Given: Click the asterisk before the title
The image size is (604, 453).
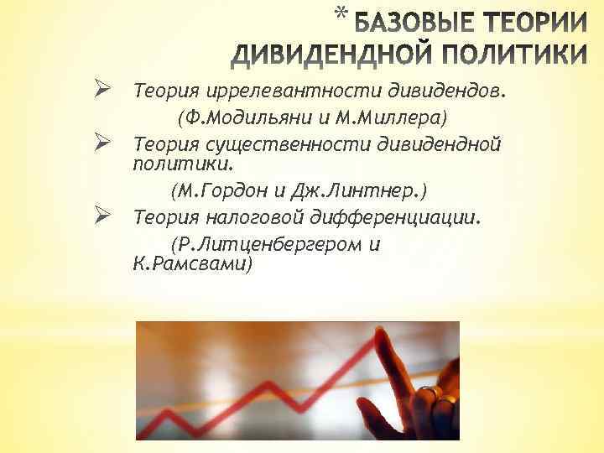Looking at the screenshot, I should coord(338,14).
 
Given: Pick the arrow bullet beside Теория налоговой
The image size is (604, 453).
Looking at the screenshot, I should coord(104,218).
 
